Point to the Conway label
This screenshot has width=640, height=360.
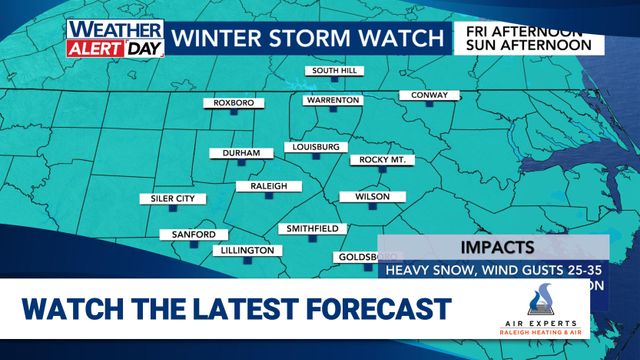(x=429, y=95)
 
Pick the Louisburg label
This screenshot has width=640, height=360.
(x=316, y=147)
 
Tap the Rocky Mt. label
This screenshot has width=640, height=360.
(x=381, y=159)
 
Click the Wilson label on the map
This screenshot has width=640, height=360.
(x=370, y=197)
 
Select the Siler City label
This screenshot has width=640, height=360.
(x=166, y=199)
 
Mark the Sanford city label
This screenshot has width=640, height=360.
(x=187, y=235)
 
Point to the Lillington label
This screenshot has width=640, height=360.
(x=245, y=250)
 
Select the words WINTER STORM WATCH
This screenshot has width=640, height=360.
(x=305, y=39)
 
